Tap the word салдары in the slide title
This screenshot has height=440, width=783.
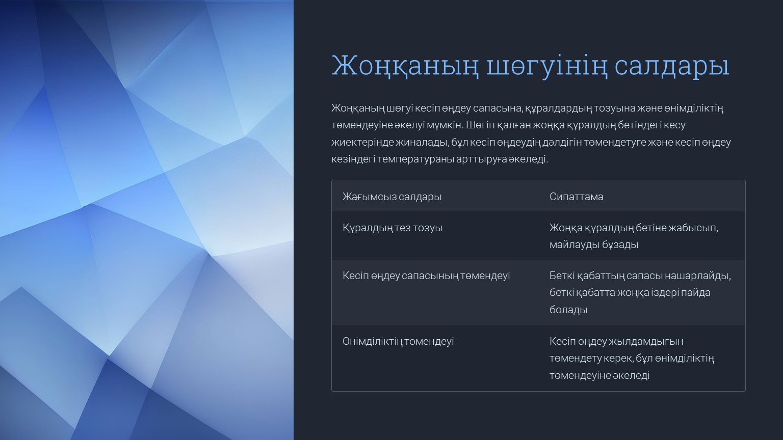coord(672,66)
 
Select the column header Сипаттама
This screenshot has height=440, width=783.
coord(577,197)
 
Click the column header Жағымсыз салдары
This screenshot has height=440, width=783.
coord(392,197)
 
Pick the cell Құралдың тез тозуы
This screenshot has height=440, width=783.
coord(393,228)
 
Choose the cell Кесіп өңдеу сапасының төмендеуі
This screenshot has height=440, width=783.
coord(426,276)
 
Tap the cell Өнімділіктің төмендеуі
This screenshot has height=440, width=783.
coord(398,341)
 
